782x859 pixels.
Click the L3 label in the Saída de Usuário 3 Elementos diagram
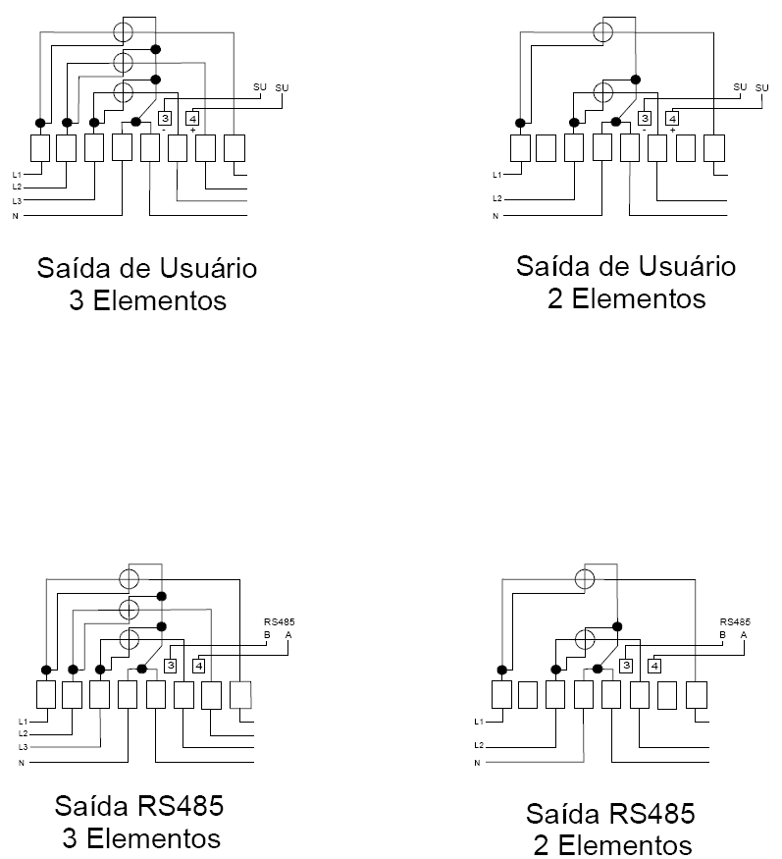tap(17, 201)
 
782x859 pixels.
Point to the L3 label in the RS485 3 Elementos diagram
tap(23, 747)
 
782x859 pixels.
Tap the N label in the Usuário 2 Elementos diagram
tap(495, 216)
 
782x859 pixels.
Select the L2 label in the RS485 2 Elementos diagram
tap(479, 745)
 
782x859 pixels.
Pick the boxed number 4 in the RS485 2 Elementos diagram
tap(653, 667)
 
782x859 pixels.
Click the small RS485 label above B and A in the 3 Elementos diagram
tap(280, 621)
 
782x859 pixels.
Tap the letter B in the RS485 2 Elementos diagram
tap(723, 635)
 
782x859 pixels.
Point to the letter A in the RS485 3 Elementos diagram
tap(288, 635)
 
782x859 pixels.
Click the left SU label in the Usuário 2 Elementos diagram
tap(740, 87)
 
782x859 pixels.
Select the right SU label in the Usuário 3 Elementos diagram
tap(282, 87)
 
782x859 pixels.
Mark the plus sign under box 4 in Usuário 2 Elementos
tap(672, 130)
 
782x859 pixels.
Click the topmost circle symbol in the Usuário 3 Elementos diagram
tap(123, 32)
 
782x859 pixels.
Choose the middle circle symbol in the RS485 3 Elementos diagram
tap(130, 610)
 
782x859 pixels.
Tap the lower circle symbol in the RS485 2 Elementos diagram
tap(585, 639)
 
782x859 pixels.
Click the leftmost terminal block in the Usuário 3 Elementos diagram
tap(40, 148)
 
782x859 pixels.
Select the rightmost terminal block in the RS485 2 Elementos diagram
tap(697, 695)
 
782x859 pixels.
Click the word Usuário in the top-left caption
tap(209, 268)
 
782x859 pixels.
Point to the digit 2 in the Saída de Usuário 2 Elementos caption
tap(555, 299)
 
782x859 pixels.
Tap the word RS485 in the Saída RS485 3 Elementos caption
tap(181, 806)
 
